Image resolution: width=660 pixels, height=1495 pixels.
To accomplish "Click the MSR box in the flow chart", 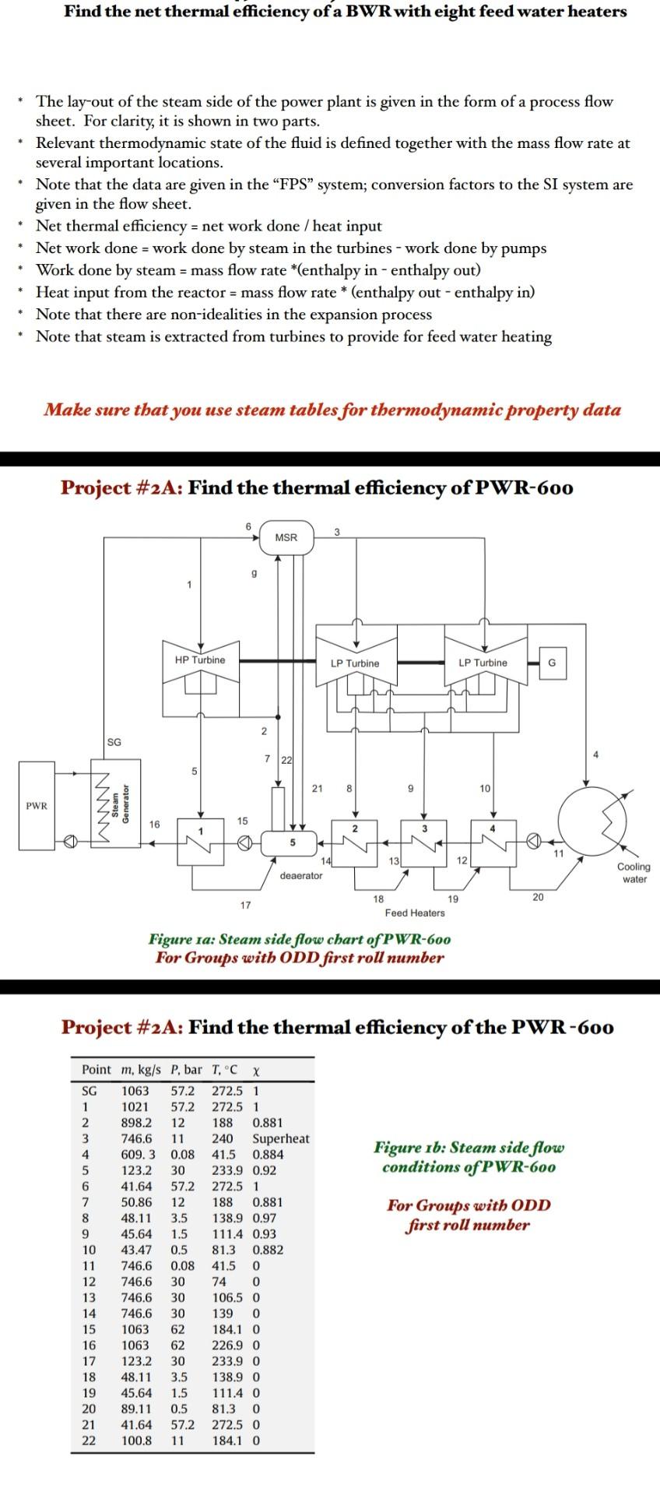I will (286, 537).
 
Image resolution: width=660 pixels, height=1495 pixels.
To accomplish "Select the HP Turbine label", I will (200, 660).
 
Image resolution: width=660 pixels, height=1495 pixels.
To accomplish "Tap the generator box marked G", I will (552, 663).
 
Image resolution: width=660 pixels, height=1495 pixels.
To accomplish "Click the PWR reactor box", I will (37, 806).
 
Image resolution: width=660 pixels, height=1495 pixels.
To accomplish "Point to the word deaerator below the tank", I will (300, 876).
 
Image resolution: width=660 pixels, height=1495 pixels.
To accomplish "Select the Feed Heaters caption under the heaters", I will (415, 913).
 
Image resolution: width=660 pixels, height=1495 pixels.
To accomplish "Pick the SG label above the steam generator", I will (114, 742).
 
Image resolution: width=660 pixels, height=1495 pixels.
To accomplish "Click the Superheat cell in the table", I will (281, 1138).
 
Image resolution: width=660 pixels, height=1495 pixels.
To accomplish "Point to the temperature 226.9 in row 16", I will (227, 1345).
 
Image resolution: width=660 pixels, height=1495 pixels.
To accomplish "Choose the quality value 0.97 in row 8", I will (265, 1218).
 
